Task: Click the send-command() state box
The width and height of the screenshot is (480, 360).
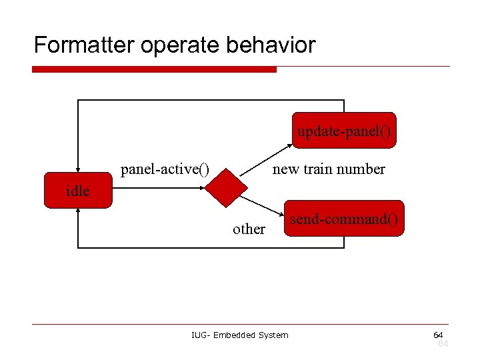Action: pos(344,219)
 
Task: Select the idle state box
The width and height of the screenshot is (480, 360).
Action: pos(78,191)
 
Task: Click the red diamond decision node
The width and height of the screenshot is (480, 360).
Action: pos(223,189)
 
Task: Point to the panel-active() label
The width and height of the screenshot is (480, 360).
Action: pos(165,169)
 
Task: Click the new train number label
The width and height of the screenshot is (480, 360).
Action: pos(329,169)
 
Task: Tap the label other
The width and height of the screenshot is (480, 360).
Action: pos(249,229)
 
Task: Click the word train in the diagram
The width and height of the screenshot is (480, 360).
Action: pos(317,169)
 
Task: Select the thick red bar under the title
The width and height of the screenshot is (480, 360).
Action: pos(154,69)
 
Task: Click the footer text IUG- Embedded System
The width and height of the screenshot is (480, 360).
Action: pos(240,335)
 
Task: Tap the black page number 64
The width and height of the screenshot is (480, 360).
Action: pos(438,334)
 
